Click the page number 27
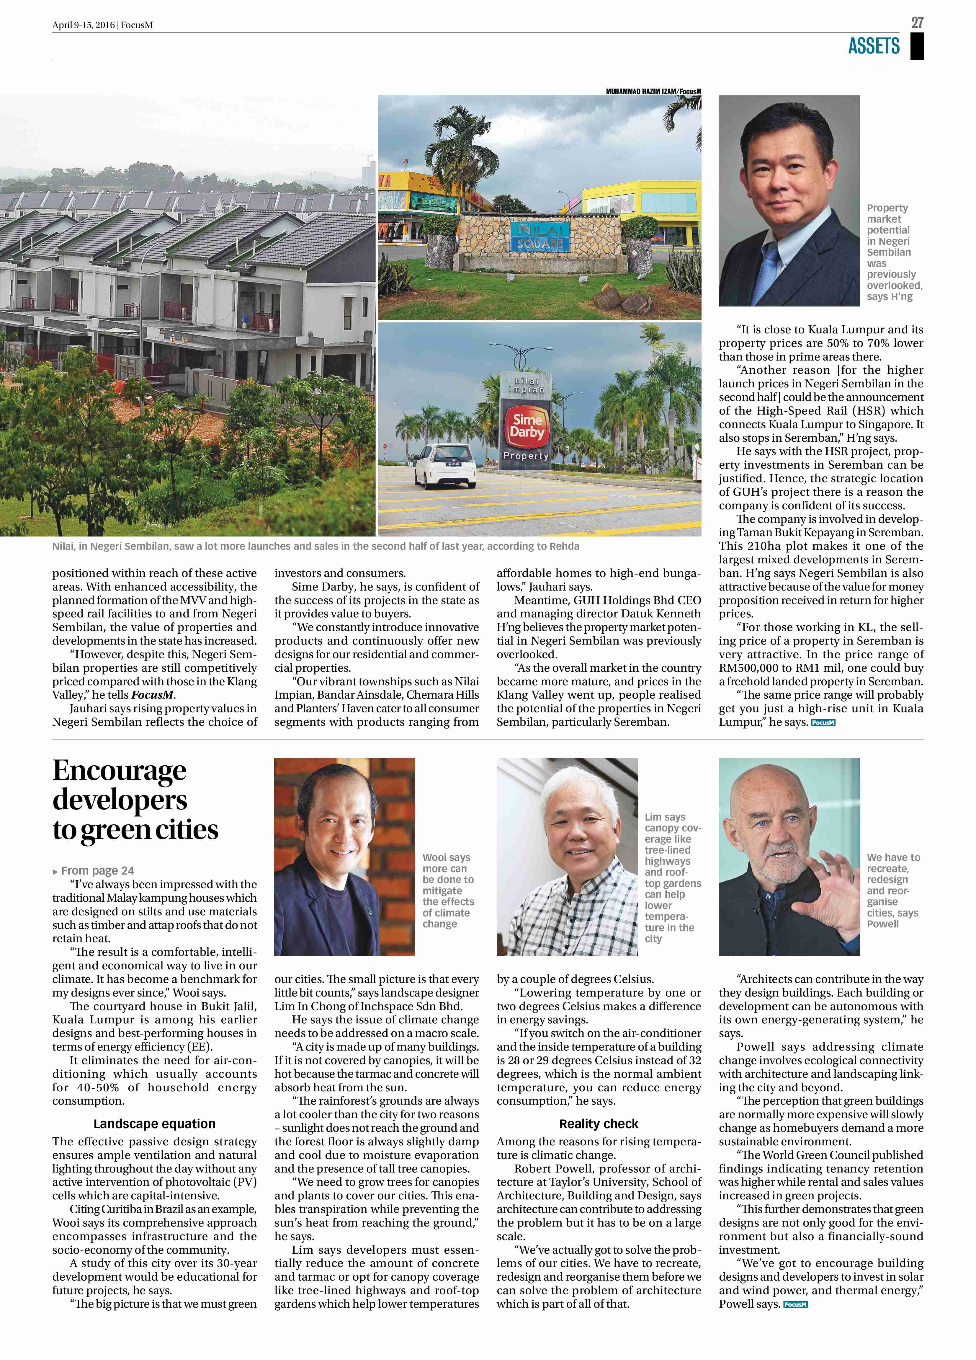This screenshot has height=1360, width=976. tap(917, 23)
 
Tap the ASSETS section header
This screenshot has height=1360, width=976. tap(874, 46)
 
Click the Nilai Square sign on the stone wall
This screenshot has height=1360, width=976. tap(540, 237)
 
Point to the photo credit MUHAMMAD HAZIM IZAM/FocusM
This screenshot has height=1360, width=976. tap(653, 91)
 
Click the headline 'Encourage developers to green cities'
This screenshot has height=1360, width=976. tap(135, 800)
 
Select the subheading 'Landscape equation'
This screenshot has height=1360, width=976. tap(154, 1124)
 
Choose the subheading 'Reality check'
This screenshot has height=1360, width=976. tap(598, 1124)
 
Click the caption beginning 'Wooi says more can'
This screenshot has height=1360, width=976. tap(448, 891)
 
